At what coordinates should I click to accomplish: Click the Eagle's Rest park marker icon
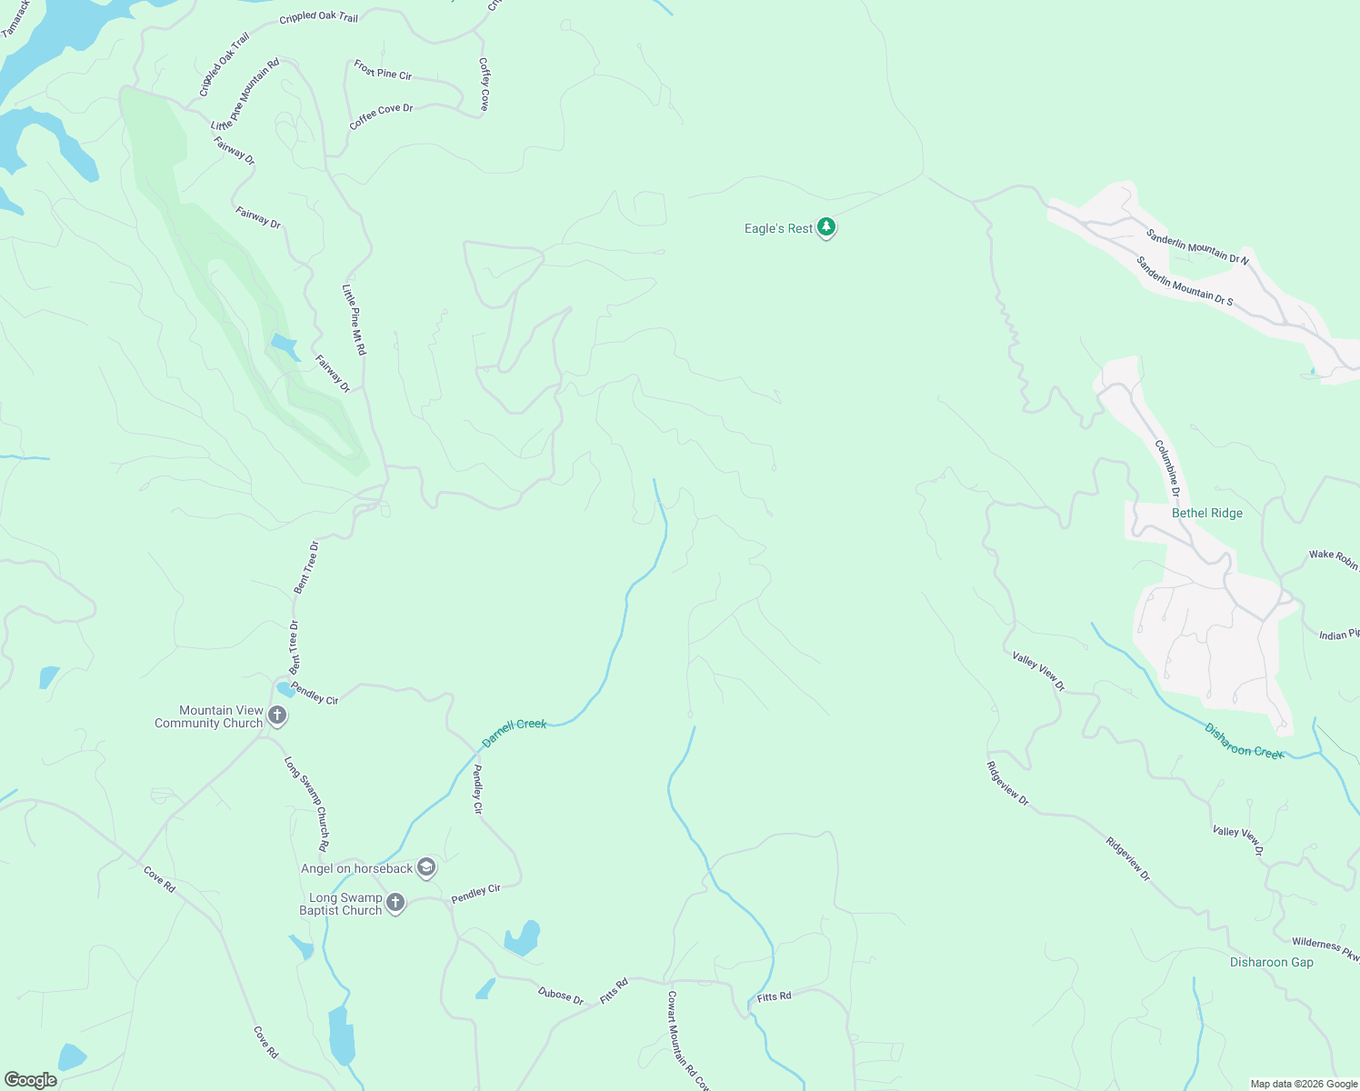(x=825, y=227)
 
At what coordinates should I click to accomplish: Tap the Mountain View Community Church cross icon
(x=278, y=716)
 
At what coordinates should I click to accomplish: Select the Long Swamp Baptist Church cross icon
(x=395, y=903)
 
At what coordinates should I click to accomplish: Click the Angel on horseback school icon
(x=426, y=868)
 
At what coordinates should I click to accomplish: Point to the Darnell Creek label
(x=514, y=732)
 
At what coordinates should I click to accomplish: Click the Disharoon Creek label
(x=1243, y=740)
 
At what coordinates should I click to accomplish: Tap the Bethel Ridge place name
(x=1206, y=513)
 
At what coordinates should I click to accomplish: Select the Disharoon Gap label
(x=1271, y=962)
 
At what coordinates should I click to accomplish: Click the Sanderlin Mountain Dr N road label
(x=1196, y=246)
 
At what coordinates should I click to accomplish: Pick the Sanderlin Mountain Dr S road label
(x=1184, y=281)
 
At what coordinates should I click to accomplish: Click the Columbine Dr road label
(x=1167, y=468)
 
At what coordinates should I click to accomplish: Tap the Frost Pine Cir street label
(x=383, y=70)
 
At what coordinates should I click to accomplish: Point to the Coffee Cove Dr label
(x=381, y=115)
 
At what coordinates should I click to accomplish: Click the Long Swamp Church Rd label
(x=306, y=804)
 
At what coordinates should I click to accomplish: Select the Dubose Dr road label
(x=560, y=996)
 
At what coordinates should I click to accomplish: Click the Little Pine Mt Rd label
(x=354, y=319)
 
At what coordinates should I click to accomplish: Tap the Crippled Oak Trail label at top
(x=318, y=17)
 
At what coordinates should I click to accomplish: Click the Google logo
(x=31, y=1080)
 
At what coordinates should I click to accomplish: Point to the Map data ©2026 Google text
(x=1303, y=1084)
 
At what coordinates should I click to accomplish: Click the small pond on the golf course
(x=285, y=346)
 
